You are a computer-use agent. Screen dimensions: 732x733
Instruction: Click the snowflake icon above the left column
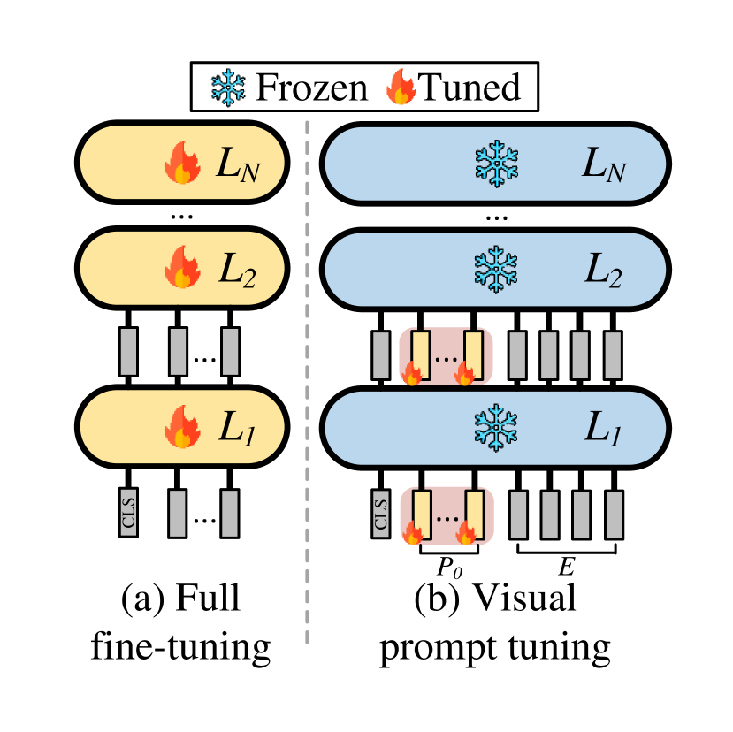pos(228,88)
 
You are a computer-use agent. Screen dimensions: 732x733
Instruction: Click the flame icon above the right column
pos(401,88)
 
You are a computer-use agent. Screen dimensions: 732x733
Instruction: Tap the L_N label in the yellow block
pos(238,164)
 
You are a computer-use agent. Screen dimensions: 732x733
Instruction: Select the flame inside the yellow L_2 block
pos(182,268)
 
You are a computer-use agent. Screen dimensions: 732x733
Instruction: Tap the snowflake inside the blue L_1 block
pos(497,428)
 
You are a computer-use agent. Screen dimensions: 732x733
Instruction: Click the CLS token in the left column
pos(129,513)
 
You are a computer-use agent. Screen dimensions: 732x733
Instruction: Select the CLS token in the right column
pos(381,514)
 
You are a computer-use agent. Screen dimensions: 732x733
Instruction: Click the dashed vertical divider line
pos(307,380)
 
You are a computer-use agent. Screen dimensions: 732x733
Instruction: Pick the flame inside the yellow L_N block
pos(182,163)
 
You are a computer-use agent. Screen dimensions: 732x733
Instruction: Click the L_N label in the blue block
pos(604,164)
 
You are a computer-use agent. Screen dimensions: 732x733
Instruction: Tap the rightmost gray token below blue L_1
pos(614,515)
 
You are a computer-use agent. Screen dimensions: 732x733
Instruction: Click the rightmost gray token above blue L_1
pos(613,355)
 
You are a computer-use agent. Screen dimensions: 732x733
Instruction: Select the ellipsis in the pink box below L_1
pos(447,517)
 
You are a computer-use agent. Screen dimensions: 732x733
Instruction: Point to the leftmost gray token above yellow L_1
pos(128,351)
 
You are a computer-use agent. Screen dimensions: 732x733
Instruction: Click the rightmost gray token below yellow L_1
pos(230,513)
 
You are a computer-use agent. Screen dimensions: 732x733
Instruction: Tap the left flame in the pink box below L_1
pos(412,533)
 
